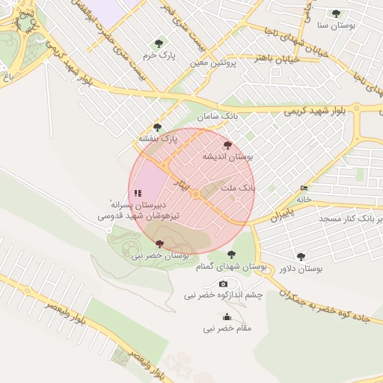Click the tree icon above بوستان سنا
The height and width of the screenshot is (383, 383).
(x=336, y=13)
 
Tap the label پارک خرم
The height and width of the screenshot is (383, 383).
(x=159, y=55)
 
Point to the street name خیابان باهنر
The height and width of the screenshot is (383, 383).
(x=276, y=58)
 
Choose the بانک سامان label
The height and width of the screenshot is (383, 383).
(x=218, y=117)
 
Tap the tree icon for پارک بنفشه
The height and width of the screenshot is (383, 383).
(x=157, y=127)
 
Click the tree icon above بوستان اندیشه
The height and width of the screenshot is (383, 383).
(x=227, y=145)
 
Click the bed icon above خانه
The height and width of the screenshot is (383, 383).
(x=303, y=188)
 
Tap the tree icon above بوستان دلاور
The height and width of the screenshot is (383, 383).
(x=301, y=257)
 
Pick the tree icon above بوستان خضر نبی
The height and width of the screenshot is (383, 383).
(x=159, y=244)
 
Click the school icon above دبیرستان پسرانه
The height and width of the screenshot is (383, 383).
(x=138, y=193)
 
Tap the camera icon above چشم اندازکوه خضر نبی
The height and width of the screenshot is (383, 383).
(x=223, y=284)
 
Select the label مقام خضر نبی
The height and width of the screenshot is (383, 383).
(x=227, y=328)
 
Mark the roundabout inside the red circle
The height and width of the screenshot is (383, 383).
(x=194, y=195)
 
